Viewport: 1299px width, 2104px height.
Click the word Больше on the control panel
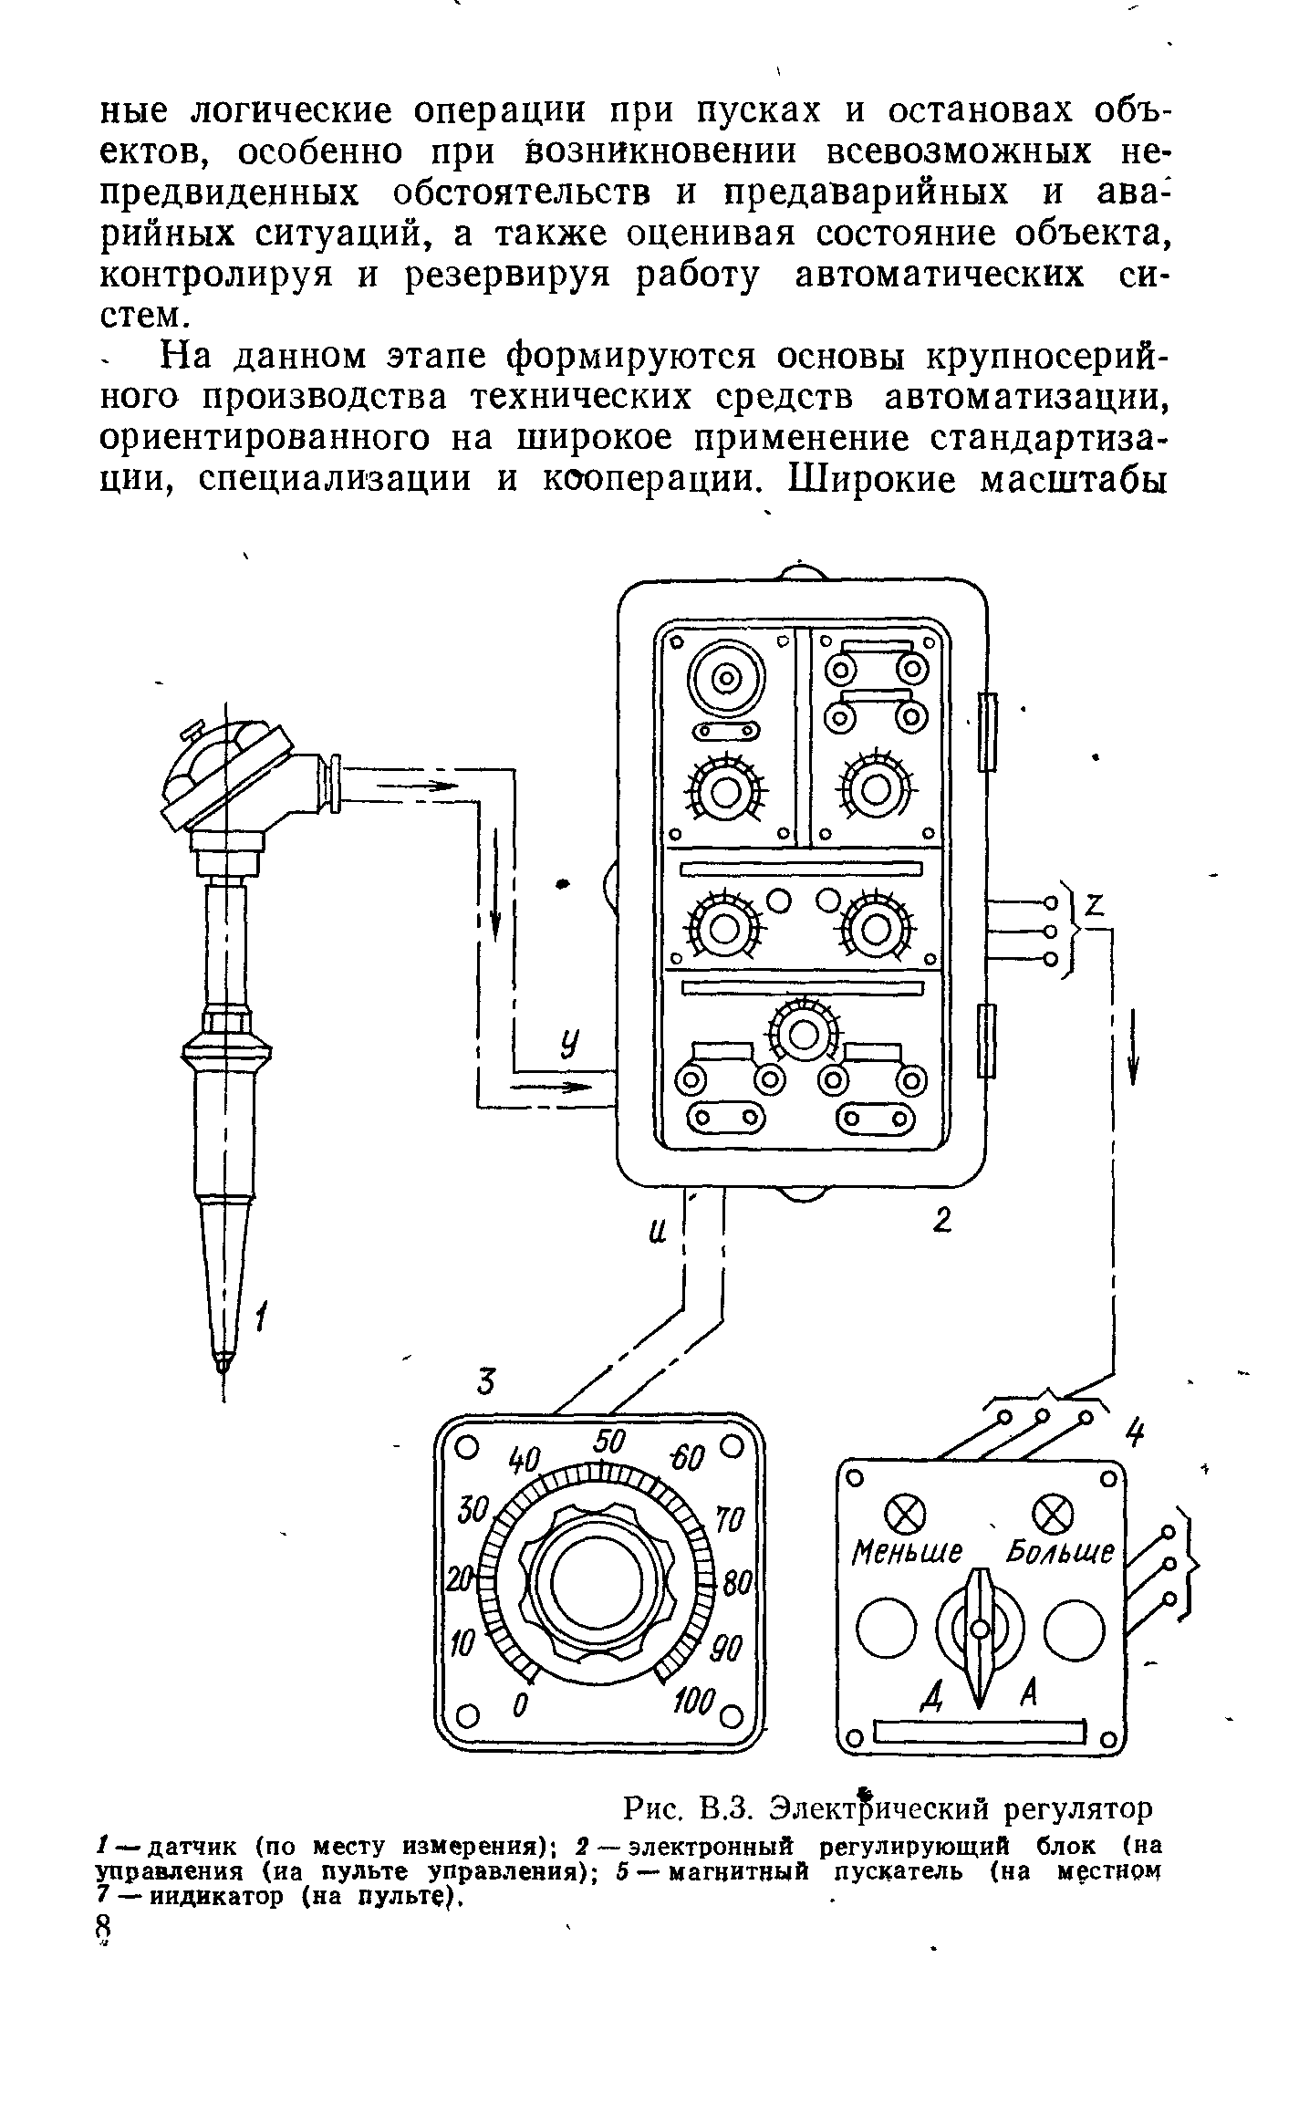coord(1060,1551)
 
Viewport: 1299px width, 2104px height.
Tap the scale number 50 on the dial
coord(609,1443)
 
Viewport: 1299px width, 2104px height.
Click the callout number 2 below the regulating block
coord(942,1221)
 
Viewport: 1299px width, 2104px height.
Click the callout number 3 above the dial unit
coord(486,1384)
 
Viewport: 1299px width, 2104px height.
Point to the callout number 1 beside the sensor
coord(263,1318)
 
